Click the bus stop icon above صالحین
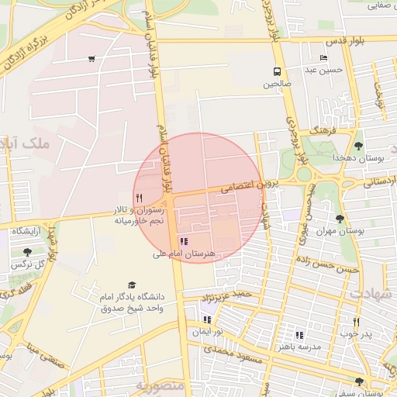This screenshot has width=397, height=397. click(x=277, y=71)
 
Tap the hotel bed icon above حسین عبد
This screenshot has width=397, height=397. click(x=324, y=59)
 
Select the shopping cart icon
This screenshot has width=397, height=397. click(x=92, y=59)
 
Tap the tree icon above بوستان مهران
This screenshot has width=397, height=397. click(x=340, y=219)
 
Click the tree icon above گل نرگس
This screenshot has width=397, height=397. click(x=28, y=252)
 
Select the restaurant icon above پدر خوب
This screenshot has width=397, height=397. click(x=357, y=322)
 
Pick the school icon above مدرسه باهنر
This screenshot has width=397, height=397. click(x=299, y=335)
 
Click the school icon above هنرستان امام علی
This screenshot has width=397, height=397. click(x=183, y=242)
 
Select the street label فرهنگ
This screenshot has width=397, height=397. click(x=319, y=132)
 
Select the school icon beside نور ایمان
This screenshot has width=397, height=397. click(x=207, y=319)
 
